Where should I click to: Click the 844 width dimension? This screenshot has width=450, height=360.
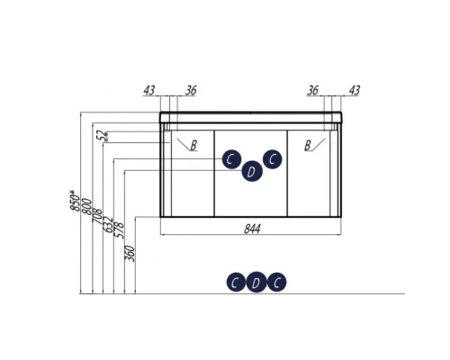tap(252, 229)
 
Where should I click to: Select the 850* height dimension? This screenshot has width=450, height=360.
tap(76, 201)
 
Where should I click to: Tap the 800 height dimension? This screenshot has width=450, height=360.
tap(86, 206)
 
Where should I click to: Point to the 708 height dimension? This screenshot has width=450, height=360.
tap(97, 216)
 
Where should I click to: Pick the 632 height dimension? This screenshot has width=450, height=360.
tap(108, 224)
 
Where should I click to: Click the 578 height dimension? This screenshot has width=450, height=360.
tap(119, 230)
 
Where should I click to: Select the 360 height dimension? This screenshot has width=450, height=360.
tap(130, 254)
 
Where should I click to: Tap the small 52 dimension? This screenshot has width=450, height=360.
tap(103, 136)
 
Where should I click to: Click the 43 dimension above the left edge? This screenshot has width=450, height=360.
tap(149, 90)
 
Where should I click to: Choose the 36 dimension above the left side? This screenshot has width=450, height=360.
tap(191, 90)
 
